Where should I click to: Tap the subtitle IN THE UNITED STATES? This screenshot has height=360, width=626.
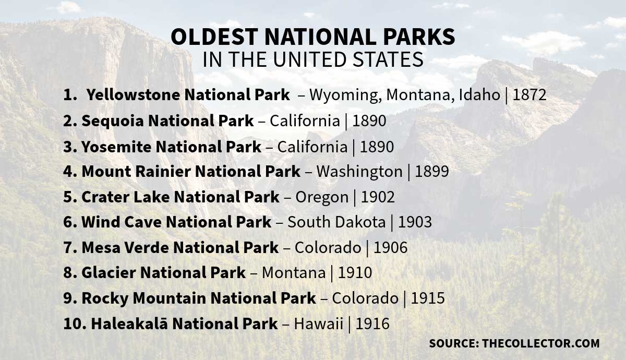point(312,59)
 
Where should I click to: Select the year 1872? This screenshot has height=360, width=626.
point(529,95)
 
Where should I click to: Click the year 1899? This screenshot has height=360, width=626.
point(431,171)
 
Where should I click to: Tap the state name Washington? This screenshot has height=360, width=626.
point(359,171)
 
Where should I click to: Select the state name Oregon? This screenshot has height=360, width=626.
point(321,197)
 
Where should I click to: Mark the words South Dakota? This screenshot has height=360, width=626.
point(336,222)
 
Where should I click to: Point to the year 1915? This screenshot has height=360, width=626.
point(428,298)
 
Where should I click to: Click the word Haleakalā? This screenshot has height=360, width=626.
point(129,323)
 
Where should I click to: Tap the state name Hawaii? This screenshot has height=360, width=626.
point(318,323)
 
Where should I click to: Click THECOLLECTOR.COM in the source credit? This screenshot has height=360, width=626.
point(541,344)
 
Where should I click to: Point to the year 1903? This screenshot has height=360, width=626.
point(415,222)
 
